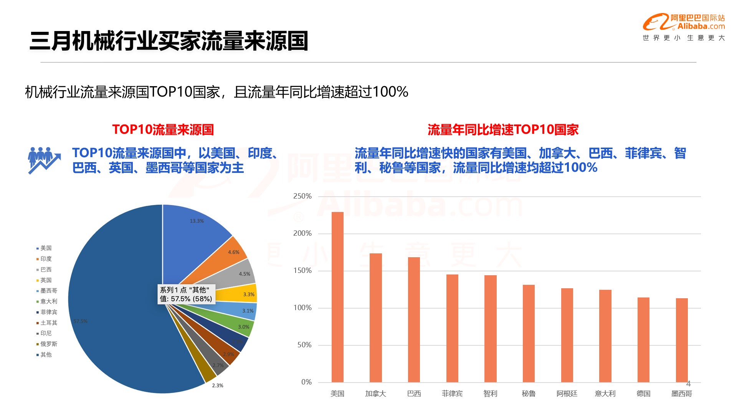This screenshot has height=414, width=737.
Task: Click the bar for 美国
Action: point(337,297)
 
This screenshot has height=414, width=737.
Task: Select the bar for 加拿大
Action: point(375,318)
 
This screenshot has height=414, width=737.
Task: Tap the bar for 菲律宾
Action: point(452,328)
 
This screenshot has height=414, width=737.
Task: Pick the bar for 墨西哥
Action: point(682,340)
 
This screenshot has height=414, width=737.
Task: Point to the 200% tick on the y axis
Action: point(302,233)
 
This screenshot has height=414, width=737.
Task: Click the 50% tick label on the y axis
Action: point(304,345)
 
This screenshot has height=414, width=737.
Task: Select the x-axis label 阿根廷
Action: point(567,394)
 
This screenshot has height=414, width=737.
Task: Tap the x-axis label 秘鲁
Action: point(529,394)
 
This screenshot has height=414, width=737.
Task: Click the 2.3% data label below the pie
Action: point(218,386)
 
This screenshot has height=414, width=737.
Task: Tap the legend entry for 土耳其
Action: point(49,323)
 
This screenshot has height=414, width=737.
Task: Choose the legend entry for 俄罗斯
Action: point(49,344)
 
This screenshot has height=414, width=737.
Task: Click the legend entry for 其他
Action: point(46,355)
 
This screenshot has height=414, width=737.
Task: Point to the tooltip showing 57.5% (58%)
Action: point(186,294)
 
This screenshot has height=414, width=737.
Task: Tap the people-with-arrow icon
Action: point(44,160)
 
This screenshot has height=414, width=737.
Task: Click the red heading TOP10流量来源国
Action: point(163,130)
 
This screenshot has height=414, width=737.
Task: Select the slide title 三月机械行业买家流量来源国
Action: point(169,41)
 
